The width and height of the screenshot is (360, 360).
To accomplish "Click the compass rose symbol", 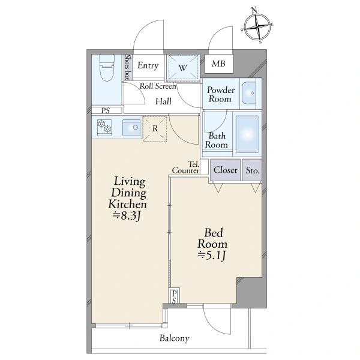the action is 257,27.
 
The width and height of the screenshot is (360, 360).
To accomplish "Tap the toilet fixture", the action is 107,68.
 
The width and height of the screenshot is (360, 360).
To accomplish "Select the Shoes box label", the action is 128,67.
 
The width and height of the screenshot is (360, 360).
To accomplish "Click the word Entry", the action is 148,65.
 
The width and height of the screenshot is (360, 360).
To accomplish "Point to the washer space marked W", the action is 183,67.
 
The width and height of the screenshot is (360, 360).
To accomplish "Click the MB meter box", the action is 219,64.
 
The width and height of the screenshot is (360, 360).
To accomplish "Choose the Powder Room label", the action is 221,94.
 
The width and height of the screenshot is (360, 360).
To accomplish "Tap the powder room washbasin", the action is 249,93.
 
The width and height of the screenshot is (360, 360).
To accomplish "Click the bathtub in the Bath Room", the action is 247,134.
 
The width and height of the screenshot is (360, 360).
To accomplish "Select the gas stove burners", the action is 104,127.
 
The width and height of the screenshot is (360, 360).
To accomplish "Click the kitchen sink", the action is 131,128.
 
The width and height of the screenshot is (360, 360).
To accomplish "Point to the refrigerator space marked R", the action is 155,128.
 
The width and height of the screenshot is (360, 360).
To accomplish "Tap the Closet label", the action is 225,170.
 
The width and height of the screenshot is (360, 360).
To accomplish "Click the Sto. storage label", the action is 253,170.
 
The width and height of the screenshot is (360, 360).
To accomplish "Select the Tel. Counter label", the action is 186,167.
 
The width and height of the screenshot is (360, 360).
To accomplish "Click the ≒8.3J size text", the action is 127,216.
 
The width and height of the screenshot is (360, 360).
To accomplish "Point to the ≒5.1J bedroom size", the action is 212,256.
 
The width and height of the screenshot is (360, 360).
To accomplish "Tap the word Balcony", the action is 175,338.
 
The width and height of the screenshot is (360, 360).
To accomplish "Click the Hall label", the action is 163,101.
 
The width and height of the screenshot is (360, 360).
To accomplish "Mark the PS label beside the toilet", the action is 106,110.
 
